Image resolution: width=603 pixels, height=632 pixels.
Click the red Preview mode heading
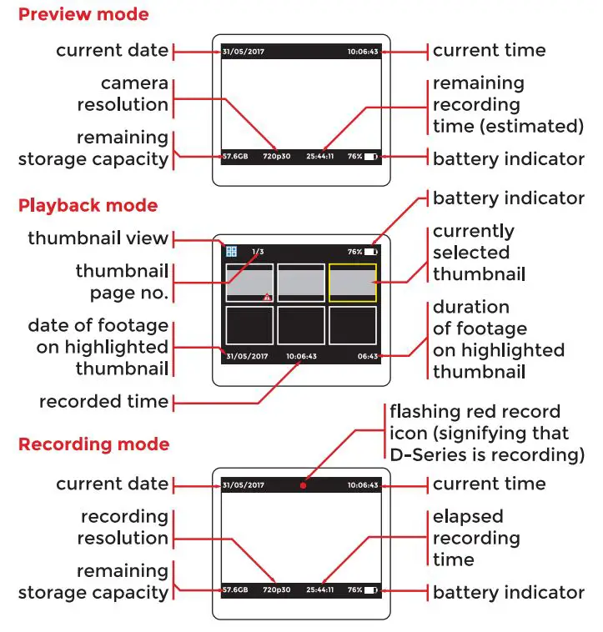point(83,14)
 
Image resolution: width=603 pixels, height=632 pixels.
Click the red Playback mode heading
point(88,205)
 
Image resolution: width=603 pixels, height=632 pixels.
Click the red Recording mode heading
point(93,444)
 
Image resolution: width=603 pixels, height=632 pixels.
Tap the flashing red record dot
point(304,485)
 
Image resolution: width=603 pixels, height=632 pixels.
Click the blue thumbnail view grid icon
point(231,251)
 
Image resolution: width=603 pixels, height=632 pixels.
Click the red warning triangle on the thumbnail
point(267,297)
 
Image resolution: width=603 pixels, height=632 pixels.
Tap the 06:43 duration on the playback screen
point(368,356)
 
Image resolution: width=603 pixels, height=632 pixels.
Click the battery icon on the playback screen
point(370,251)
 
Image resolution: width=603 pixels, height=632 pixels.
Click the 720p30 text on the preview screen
point(275,156)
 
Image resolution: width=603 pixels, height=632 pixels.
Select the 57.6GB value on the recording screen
point(235,590)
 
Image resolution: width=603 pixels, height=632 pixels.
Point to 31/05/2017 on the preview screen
point(243,52)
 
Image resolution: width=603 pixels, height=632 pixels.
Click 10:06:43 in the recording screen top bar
point(363,485)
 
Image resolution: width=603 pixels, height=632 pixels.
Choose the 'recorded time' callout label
point(103,402)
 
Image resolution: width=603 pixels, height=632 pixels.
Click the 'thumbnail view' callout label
point(98,238)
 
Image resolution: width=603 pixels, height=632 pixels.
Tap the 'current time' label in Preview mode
point(489,50)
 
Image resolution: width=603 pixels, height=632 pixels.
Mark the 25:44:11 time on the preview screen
point(320,156)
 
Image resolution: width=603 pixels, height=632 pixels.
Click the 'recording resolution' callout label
point(123,527)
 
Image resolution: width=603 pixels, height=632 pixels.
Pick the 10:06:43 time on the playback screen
point(301,356)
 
